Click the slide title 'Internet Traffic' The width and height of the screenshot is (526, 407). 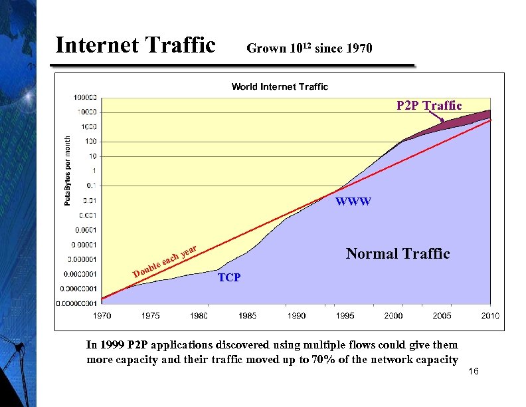point(135,45)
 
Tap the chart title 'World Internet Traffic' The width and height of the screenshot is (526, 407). point(280,86)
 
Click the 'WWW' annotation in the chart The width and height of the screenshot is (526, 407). point(353,202)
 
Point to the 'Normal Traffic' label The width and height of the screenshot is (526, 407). point(398,253)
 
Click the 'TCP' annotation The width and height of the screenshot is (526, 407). point(229,277)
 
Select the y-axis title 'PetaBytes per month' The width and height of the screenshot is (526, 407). point(67,170)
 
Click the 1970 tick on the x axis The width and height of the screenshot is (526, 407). point(102,315)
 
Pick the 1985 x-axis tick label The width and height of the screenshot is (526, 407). point(248,315)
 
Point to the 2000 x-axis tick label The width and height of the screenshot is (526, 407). point(393,315)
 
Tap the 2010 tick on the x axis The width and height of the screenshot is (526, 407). point(490,315)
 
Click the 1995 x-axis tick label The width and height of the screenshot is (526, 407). point(345,315)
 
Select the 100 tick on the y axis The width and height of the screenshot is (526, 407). point(90,141)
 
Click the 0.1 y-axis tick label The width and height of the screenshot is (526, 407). point(92,185)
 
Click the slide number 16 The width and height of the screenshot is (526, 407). point(474,371)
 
